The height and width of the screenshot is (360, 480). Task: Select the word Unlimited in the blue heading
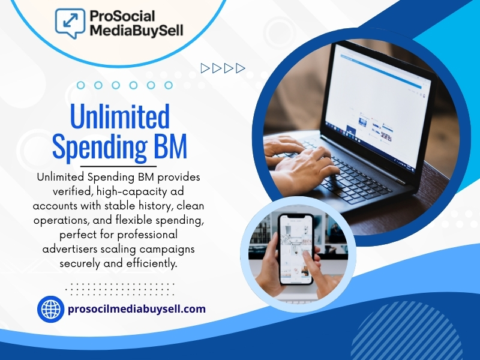tap(120, 118)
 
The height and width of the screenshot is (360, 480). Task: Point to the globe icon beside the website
tap(50, 310)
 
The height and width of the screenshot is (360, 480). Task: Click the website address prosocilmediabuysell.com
tap(137, 310)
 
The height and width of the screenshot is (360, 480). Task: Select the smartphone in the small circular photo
tap(296, 249)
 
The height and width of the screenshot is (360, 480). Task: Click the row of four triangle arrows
tap(223, 68)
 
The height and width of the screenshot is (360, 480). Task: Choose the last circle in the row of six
tap(169, 85)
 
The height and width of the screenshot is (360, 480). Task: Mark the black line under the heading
tap(118, 166)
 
